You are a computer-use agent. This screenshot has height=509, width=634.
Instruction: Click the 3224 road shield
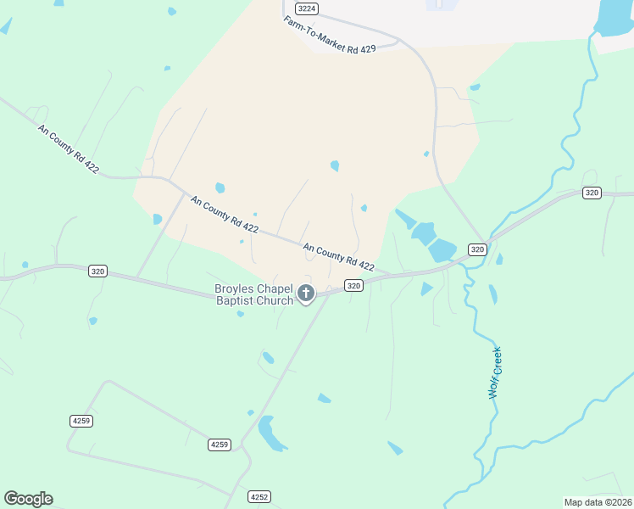click(x=308, y=8)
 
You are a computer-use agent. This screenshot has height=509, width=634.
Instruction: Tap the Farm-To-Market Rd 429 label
click(x=329, y=34)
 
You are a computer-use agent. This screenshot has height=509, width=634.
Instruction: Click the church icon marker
click(x=306, y=294)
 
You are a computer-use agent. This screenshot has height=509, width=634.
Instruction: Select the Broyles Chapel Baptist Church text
click(x=254, y=294)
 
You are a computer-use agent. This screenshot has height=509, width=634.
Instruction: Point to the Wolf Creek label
click(x=494, y=372)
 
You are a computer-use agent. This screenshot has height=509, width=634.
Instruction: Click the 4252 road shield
click(x=259, y=496)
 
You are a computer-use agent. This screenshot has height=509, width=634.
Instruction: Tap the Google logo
click(x=28, y=499)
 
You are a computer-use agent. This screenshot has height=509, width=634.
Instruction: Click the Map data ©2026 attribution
click(x=598, y=502)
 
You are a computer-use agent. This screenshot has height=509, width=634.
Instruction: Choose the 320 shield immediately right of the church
click(x=354, y=286)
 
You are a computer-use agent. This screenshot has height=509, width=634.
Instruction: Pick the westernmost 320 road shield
click(x=97, y=271)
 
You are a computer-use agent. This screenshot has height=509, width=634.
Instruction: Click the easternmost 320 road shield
click(x=592, y=193)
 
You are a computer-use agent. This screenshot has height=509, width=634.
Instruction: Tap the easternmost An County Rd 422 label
click(x=338, y=258)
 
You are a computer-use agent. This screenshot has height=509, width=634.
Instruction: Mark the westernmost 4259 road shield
click(x=81, y=421)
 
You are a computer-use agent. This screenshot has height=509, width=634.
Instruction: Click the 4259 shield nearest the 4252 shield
click(x=220, y=445)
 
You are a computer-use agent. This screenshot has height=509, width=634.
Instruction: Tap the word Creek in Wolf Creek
click(x=496, y=361)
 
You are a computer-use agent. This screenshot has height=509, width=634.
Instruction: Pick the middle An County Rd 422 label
click(x=225, y=215)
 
